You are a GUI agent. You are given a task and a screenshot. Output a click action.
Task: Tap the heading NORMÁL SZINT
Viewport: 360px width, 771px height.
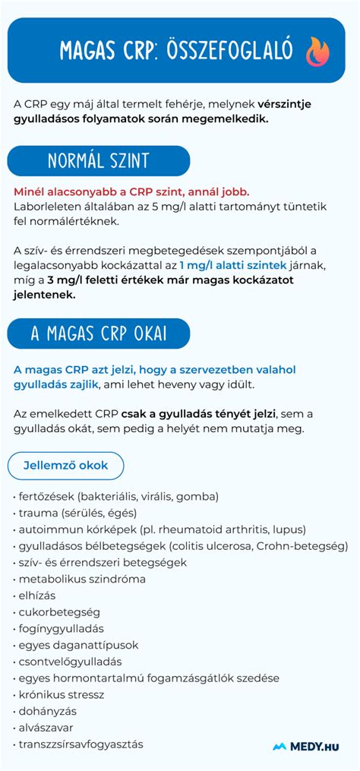click(99, 161)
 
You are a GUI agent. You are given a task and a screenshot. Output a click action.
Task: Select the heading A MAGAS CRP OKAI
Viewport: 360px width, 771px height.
click(99, 333)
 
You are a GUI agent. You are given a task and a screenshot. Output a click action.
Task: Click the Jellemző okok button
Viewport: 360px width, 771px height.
click(65, 465)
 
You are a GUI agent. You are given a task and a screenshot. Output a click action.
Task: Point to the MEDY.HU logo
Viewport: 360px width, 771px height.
click(305, 746)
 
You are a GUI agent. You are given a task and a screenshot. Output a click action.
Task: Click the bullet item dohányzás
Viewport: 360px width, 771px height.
click(47, 711)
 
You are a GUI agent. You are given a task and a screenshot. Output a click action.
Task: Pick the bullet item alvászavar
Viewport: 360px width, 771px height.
click(46, 728)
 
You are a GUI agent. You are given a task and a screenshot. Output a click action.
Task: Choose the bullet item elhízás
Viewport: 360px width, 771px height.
click(37, 595)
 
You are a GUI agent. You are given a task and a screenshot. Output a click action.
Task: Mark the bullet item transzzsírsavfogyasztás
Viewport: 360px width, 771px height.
click(81, 744)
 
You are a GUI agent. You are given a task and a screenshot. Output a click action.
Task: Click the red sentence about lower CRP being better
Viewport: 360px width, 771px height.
click(131, 191)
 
